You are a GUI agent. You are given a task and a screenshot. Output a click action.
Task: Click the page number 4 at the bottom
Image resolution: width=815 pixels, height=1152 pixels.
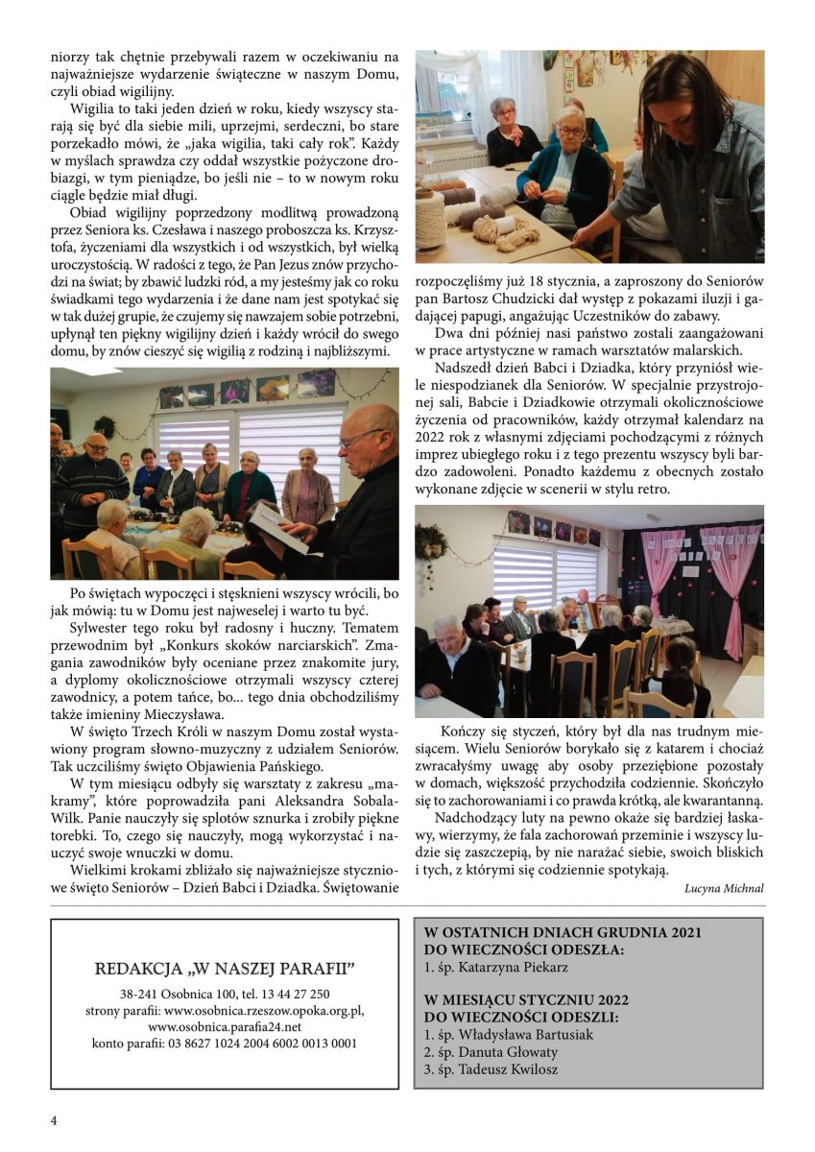tap(54, 1120)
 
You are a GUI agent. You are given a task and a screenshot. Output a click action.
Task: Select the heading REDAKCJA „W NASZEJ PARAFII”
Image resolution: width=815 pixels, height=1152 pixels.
tap(225, 968)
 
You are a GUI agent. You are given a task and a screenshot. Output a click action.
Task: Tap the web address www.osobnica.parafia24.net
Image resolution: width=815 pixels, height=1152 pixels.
tap(225, 1026)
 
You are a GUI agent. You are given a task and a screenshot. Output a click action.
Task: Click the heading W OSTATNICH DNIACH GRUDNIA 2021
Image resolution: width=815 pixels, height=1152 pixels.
tap(563, 932)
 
